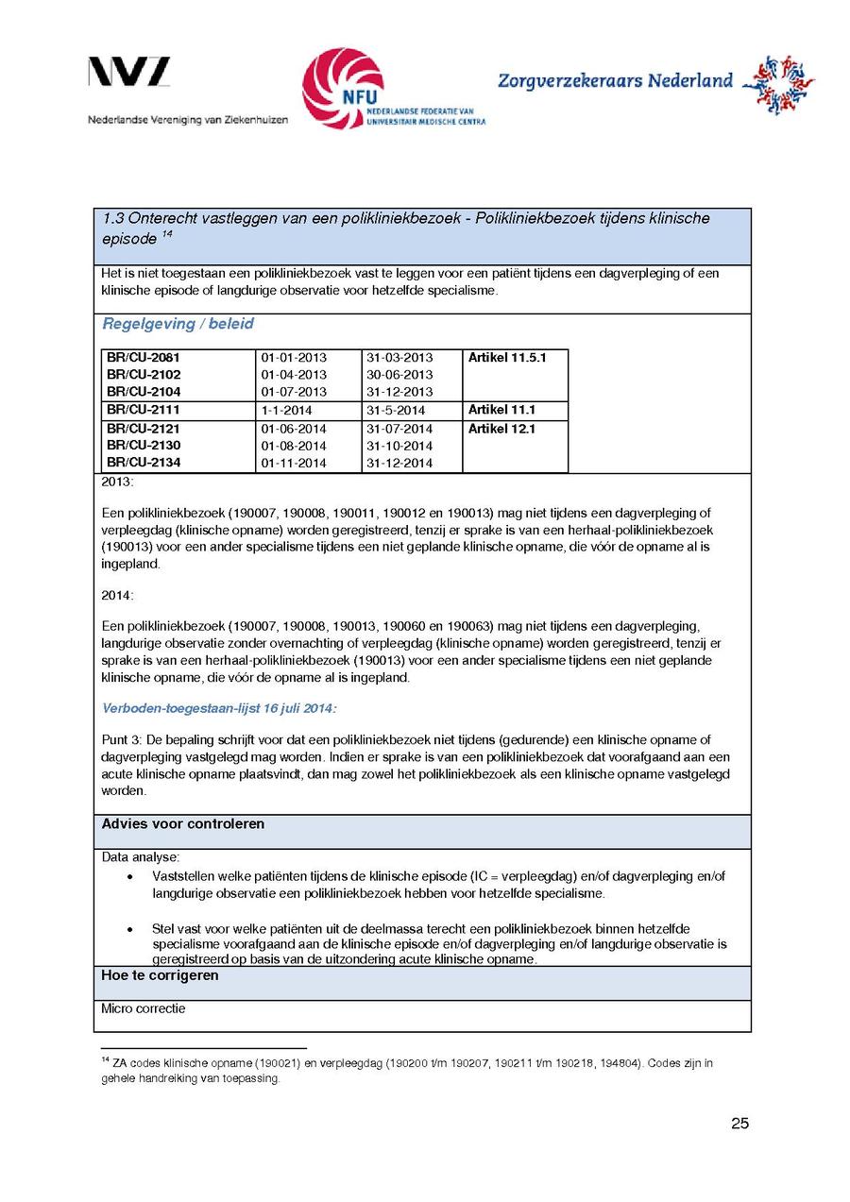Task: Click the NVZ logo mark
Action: tap(129, 73)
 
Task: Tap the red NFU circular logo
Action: tap(343, 89)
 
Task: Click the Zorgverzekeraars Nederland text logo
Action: tap(615, 81)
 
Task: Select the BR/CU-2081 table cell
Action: tap(144, 358)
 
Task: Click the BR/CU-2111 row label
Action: tap(144, 410)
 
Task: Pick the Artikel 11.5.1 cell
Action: tap(507, 358)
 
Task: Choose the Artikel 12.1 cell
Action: tap(501, 429)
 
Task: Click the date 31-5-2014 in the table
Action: tap(396, 411)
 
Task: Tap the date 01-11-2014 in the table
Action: tap(294, 463)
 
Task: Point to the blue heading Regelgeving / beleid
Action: tap(178, 324)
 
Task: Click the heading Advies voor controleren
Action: tap(183, 823)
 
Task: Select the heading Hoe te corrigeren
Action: tap(160, 975)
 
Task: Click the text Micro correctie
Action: tap(144, 1008)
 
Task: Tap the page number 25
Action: tap(739, 1123)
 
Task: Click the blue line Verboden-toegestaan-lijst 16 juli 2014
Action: tap(218, 708)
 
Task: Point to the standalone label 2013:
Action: tap(118, 482)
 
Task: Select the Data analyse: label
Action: tap(140, 857)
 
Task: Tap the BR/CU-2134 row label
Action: tap(144, 462)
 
